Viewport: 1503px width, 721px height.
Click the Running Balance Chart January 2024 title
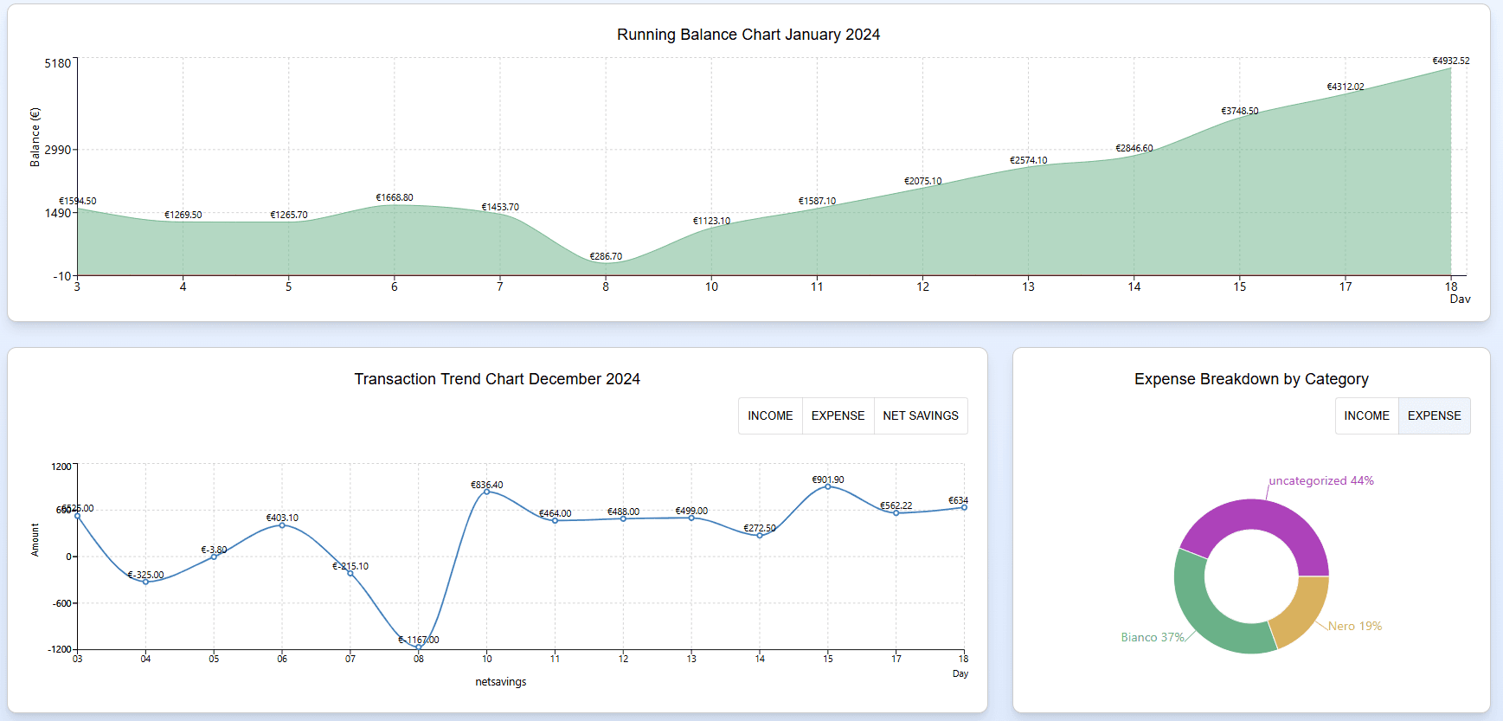pos(748,35)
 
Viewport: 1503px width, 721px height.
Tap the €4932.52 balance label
pos(1450,61)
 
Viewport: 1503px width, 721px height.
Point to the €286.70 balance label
pos(606,256)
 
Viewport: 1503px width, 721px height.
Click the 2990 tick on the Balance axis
pos(58,150)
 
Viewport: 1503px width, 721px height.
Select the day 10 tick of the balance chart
pos(711,286)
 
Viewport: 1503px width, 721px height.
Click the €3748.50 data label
pos(1239,111)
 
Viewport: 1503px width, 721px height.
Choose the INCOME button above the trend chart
pos(770,415)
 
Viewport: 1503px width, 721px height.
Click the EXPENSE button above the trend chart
pos(838,415)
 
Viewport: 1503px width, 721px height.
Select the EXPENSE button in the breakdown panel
pos(1434,415)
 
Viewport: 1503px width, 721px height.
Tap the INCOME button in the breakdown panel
pos(1366,415)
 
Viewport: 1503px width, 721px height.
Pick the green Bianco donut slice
pos(1203,615)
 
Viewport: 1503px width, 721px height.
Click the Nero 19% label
pos(1354,626)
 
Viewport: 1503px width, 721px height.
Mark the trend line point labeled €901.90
pos(828,486)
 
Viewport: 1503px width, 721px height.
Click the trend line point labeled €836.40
pos(486,491)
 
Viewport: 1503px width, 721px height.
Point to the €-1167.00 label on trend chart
pos(419,640)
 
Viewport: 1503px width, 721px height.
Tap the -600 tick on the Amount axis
pos(62,603)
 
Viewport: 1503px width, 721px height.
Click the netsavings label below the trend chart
pos(500,682)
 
